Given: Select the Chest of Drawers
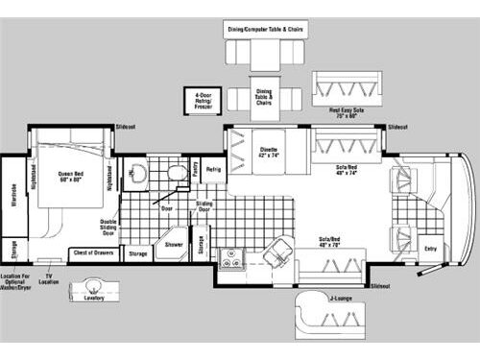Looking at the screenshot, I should point(92,254).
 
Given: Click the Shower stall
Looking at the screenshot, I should point(173,244).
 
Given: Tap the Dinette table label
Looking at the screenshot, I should point(268,152).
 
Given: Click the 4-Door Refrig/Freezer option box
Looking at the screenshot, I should point(203,100).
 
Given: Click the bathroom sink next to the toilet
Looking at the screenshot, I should point(177,174).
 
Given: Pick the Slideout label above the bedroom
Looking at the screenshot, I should point(126,127).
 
